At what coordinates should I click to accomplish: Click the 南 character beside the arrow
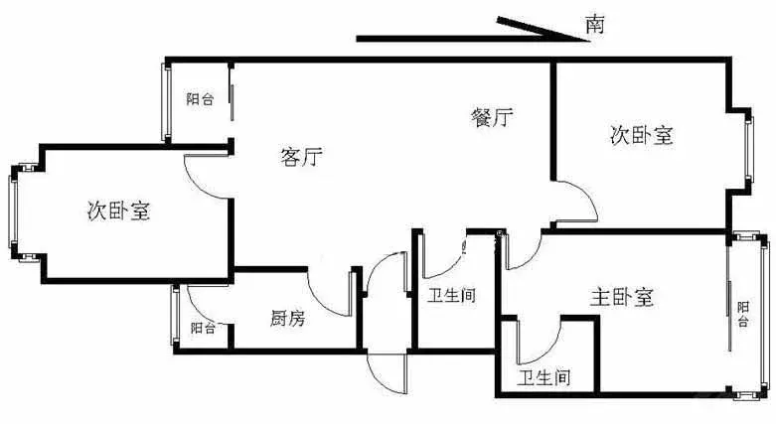coord(595,24)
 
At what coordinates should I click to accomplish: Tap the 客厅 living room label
coord(301,157)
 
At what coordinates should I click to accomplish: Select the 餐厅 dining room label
coord(492,118)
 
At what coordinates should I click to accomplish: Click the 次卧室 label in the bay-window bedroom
coord(119,212)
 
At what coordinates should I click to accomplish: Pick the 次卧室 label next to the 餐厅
coord(642,135)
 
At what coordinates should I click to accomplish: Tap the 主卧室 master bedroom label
coord(622,297)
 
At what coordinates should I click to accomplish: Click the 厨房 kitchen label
coord(287,318)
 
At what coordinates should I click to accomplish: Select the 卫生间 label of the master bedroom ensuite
coord(543,378)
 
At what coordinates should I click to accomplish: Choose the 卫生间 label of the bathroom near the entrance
coord(451,296)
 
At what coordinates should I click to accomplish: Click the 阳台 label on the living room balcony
coord(200,99)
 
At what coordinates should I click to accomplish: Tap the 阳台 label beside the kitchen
coord(203,328)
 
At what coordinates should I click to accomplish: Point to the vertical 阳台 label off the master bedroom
coord(743,314)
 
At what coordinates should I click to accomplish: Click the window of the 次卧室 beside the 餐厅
coord(750,148)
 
